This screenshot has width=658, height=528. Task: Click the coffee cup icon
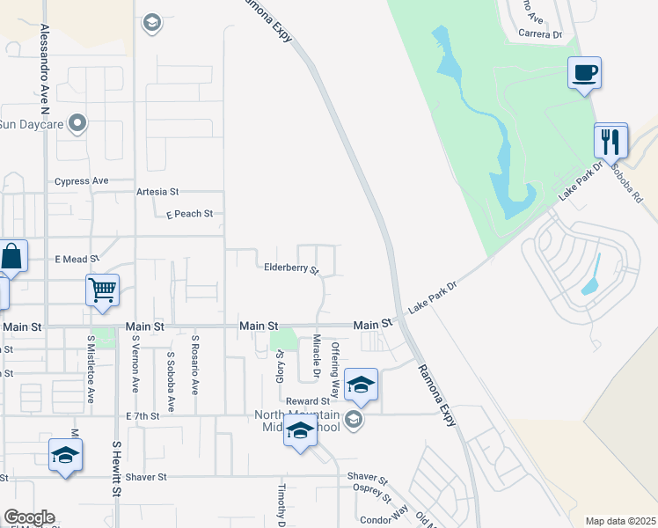584,72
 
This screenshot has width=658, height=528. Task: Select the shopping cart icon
103,290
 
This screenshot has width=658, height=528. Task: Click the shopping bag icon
12,257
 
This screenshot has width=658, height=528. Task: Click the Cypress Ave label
81,181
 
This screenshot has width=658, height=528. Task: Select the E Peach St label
189,214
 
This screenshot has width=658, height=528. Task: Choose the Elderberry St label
291,268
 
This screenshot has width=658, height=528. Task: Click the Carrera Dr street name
540,34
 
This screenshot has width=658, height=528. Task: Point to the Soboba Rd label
631,182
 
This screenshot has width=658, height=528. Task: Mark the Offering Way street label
334,370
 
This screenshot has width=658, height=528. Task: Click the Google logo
29,517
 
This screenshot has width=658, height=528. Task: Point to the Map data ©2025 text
619,521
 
